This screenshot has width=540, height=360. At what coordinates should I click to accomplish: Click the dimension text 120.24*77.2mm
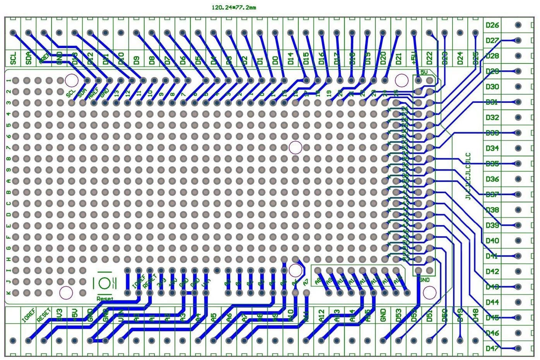(x=234, y=7)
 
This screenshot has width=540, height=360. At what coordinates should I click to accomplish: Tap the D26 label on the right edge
(x=492, y=25)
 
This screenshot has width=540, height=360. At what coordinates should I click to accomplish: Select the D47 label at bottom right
(x=492, y=348)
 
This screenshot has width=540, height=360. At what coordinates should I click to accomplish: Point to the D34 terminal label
(x=492, y=148)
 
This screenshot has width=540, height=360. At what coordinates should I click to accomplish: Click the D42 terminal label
(x=492, y=271)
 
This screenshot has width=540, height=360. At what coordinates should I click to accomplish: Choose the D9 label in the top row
(x=136, y=60)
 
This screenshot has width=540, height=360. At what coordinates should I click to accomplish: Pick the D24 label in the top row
(x=460, y=59)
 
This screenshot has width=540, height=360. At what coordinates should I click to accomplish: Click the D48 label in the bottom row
(x=476, y=315)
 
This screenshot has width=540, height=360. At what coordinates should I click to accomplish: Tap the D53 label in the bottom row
(x=399, y=315)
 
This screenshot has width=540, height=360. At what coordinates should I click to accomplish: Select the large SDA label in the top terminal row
(x=28, y=59)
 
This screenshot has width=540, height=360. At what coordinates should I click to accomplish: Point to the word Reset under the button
(x=105, y=299)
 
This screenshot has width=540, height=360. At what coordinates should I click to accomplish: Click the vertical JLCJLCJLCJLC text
(x=468, y=176)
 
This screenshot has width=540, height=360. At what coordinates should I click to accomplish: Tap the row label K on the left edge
(x=9, y=292)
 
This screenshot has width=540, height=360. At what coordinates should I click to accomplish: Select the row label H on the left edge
(x=9, y=259)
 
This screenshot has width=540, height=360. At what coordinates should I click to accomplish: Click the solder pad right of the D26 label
(x=518, y=25)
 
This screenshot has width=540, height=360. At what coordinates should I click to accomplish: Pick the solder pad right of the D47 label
(x=518, y=348)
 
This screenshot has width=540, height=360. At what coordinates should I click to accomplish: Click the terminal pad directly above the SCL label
(x=13, y=33)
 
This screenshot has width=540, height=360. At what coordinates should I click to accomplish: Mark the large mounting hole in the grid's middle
(x=296, y=147)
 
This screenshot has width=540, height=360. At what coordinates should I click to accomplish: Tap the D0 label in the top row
(x=275, y=60)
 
